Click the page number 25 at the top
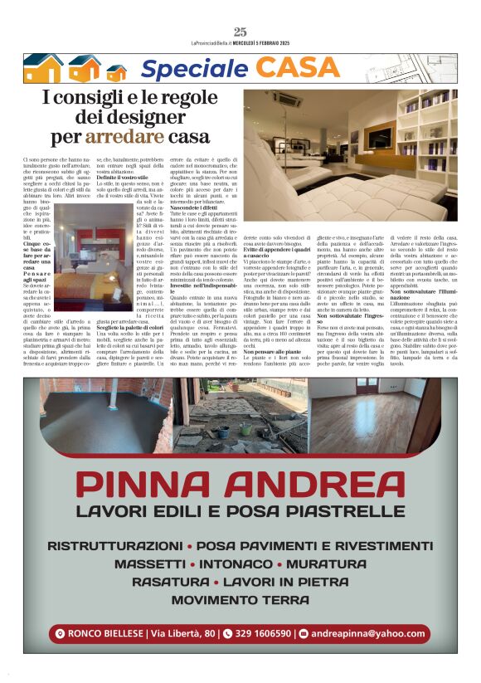click(x=240, y=32)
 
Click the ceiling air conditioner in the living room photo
click(x=289, y=100)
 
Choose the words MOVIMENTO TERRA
click(x=240, y=599)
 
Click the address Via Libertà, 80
click(x=182, y=634)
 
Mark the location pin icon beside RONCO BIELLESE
click(x=60, y=634)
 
